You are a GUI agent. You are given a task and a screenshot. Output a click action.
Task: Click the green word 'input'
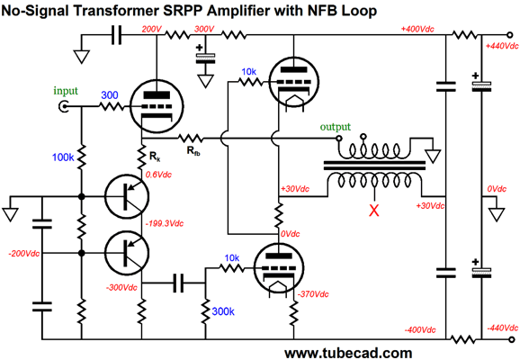click(66, 91)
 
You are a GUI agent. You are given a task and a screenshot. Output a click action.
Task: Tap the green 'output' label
click(336, 127)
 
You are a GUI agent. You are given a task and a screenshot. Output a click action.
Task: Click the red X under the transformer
click(374, 211)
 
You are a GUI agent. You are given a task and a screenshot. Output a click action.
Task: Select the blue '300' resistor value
click(110, 95)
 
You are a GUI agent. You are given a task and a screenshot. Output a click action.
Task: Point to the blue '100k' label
click(63, 157)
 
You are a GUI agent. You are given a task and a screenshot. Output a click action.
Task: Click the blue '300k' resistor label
click(223, 311)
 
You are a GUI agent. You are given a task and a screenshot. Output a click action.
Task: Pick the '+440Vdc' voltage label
click(502, 46)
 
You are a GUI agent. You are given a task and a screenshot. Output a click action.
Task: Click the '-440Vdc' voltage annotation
click(503, 328)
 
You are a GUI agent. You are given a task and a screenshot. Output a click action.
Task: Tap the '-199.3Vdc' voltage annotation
click(165, 223)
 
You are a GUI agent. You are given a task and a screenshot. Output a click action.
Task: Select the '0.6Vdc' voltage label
click(158, 175)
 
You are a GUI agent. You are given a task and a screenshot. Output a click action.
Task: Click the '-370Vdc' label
click(313, 294)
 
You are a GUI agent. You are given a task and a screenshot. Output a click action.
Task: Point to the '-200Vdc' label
click(24, 254)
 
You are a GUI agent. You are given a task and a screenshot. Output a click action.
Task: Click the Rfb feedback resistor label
click(193, 151)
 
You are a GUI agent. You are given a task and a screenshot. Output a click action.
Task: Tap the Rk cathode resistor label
click(155, 156)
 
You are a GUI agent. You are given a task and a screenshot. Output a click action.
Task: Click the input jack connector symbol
click(63, 106)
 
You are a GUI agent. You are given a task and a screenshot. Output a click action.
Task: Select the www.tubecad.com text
click(348, 353)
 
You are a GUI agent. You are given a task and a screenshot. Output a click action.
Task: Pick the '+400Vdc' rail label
click(417, 29)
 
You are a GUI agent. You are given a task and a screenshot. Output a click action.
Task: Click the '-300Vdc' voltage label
click(121, 288)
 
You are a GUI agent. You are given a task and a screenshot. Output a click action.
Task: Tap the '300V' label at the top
click(204, 29)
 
